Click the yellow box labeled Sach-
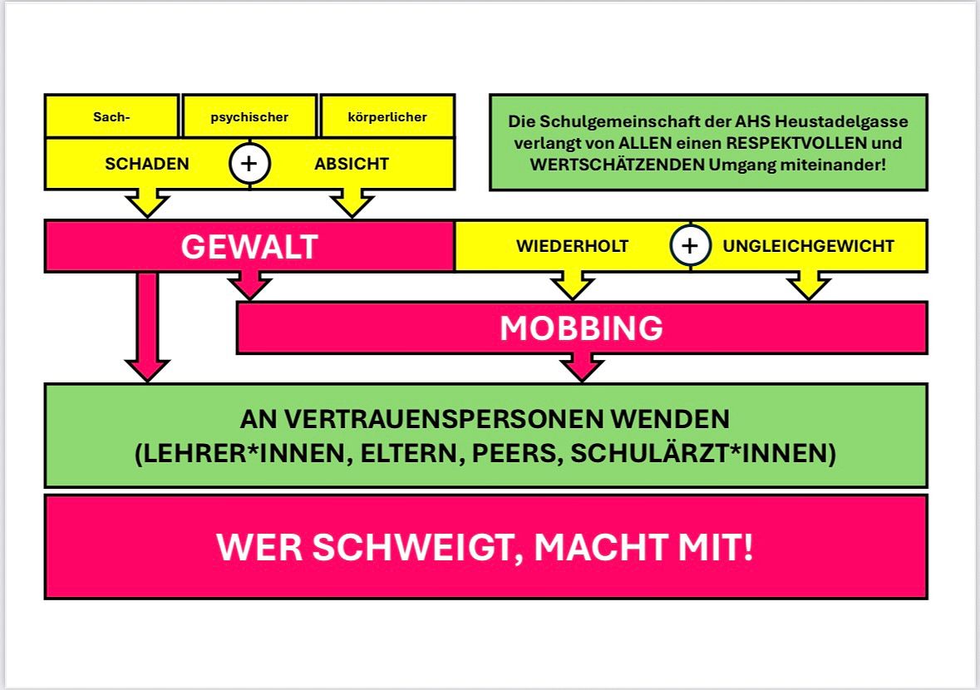pyautogui.click(x=111, y=116)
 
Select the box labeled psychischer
pyautogui.click(x=249, y=116)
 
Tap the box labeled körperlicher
pyautogui.click(x=387, y=116)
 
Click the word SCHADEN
pyautogui.click(x=147, y=164)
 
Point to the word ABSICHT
pyautogui.click(x=352, y=164)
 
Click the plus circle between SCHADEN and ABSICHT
pyautogui.click(x=249, y=164)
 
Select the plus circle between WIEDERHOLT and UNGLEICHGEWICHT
pyautogui.click(x=691, y=246)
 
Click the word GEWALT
pyautogui.click(x=249, y=247)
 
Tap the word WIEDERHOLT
pyautogui.click(x=572, y=246)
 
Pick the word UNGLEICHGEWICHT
pyautogui.click(x=808, y=246)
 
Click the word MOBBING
pyautogui.click(x=581, y=328)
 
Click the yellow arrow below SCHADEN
pyautogui.click(x=147, y=202)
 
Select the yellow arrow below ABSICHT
pyautogui.click(x=352, y=202)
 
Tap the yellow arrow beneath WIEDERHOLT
pyautogui.click(x=572, y=285)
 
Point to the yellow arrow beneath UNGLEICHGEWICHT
pyautogui.click(x=808, y=285)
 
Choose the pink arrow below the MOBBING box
pyautogui.click(x=582, y=366)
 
